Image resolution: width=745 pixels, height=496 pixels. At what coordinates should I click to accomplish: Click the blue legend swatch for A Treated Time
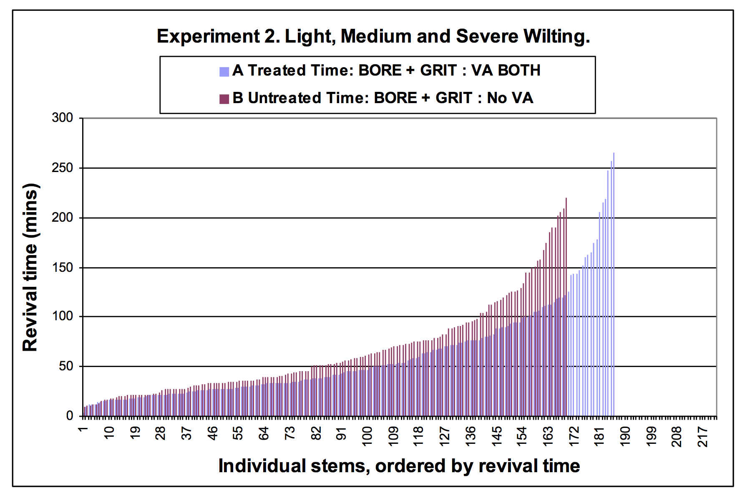[x=224, y=72]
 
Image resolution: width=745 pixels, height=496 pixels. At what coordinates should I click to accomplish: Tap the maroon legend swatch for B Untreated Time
[x=224, y=99]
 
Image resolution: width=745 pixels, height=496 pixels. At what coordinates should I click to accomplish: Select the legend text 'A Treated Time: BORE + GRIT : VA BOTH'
[x=386, y=70]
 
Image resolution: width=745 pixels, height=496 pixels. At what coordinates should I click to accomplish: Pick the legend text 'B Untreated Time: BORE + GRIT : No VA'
[x=383, y=98]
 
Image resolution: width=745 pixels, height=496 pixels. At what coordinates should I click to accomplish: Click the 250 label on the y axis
[x=62, y=168]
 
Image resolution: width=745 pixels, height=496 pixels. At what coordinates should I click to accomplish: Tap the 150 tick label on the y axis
[x=62, y=267]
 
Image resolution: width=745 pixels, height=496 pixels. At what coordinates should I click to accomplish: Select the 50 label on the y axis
[x=66, y=366]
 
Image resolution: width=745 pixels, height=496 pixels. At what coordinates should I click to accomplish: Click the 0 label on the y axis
[x=70, y=416]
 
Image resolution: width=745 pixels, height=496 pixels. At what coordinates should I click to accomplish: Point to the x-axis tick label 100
[x=367, y=436]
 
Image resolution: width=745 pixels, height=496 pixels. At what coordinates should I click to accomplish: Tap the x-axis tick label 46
[x=212, y=433]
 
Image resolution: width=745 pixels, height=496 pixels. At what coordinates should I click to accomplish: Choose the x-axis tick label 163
[x=548, y=436]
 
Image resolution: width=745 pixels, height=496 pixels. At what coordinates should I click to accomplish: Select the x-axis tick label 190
[x=625, y=436]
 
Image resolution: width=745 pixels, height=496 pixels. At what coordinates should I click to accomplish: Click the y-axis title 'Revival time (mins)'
[x=30, y=267]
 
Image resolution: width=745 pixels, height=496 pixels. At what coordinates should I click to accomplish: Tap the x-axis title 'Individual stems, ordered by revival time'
[x=399, y=466]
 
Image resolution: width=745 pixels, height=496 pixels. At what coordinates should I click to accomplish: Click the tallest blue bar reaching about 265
[x=614, y=284]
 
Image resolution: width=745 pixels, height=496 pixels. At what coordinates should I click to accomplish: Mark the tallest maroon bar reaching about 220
[x=566, y=307]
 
